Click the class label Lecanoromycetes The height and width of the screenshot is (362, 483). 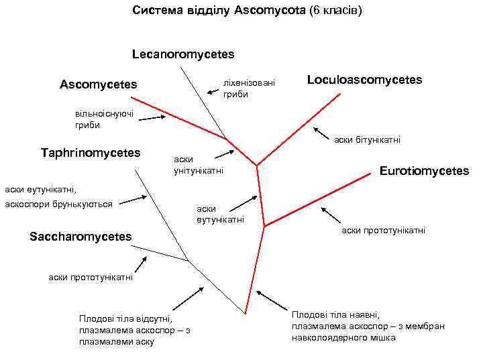183,52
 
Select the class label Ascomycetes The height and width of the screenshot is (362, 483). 98,84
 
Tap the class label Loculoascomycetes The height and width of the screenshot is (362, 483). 364,80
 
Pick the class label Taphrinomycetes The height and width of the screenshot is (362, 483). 91,153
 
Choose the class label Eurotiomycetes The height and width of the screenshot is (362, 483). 424,171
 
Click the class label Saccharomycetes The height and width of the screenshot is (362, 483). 80,237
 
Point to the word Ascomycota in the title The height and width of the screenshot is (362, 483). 270,11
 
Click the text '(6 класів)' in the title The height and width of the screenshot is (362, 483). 335,11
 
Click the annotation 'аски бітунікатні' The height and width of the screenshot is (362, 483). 367,139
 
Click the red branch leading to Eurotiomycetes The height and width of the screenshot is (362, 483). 315,197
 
